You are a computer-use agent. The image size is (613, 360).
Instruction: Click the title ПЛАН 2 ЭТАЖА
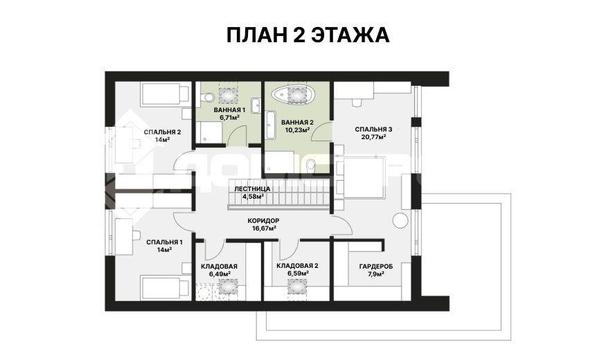pyautogui.click(x=308, y=35)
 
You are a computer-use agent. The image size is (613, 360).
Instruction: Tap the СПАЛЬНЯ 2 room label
pyautogui.click(x=162, y=132)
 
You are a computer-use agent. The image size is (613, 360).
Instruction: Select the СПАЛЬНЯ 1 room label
pyautogui.click(x=164, y=242)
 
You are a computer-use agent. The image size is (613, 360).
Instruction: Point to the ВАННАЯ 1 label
pyautogui.click(x=229, y=110)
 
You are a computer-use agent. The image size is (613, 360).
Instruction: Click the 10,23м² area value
pyautogui.click(x=298, y=130)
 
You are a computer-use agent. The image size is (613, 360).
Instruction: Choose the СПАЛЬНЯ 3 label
pyautogui.click(x=373, y=129)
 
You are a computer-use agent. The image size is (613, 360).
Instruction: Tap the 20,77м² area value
pyautogui.click(x=374, y=137)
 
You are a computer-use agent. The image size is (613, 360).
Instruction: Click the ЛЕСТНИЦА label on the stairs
pyautogui.click(x=252, y=189)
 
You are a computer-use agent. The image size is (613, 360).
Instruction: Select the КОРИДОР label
pyautogui.click(x=263, y=221)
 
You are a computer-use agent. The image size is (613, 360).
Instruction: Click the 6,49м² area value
pyautogui.click(x=220, y=274)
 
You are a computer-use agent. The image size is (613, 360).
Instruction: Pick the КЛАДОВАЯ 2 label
pyautogui.click(x=297, y=266)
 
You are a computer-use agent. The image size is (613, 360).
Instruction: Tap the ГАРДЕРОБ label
pyautogui.click(x=375, y=267)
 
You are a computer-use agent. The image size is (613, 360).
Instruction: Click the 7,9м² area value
pyautogui.click(x=375, y=274)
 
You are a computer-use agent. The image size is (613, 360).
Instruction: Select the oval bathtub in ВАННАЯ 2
pyautogui.click(x=292, y=94)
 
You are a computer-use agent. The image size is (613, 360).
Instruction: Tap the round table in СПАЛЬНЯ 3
pyautogui.click(x=400, y=221)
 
